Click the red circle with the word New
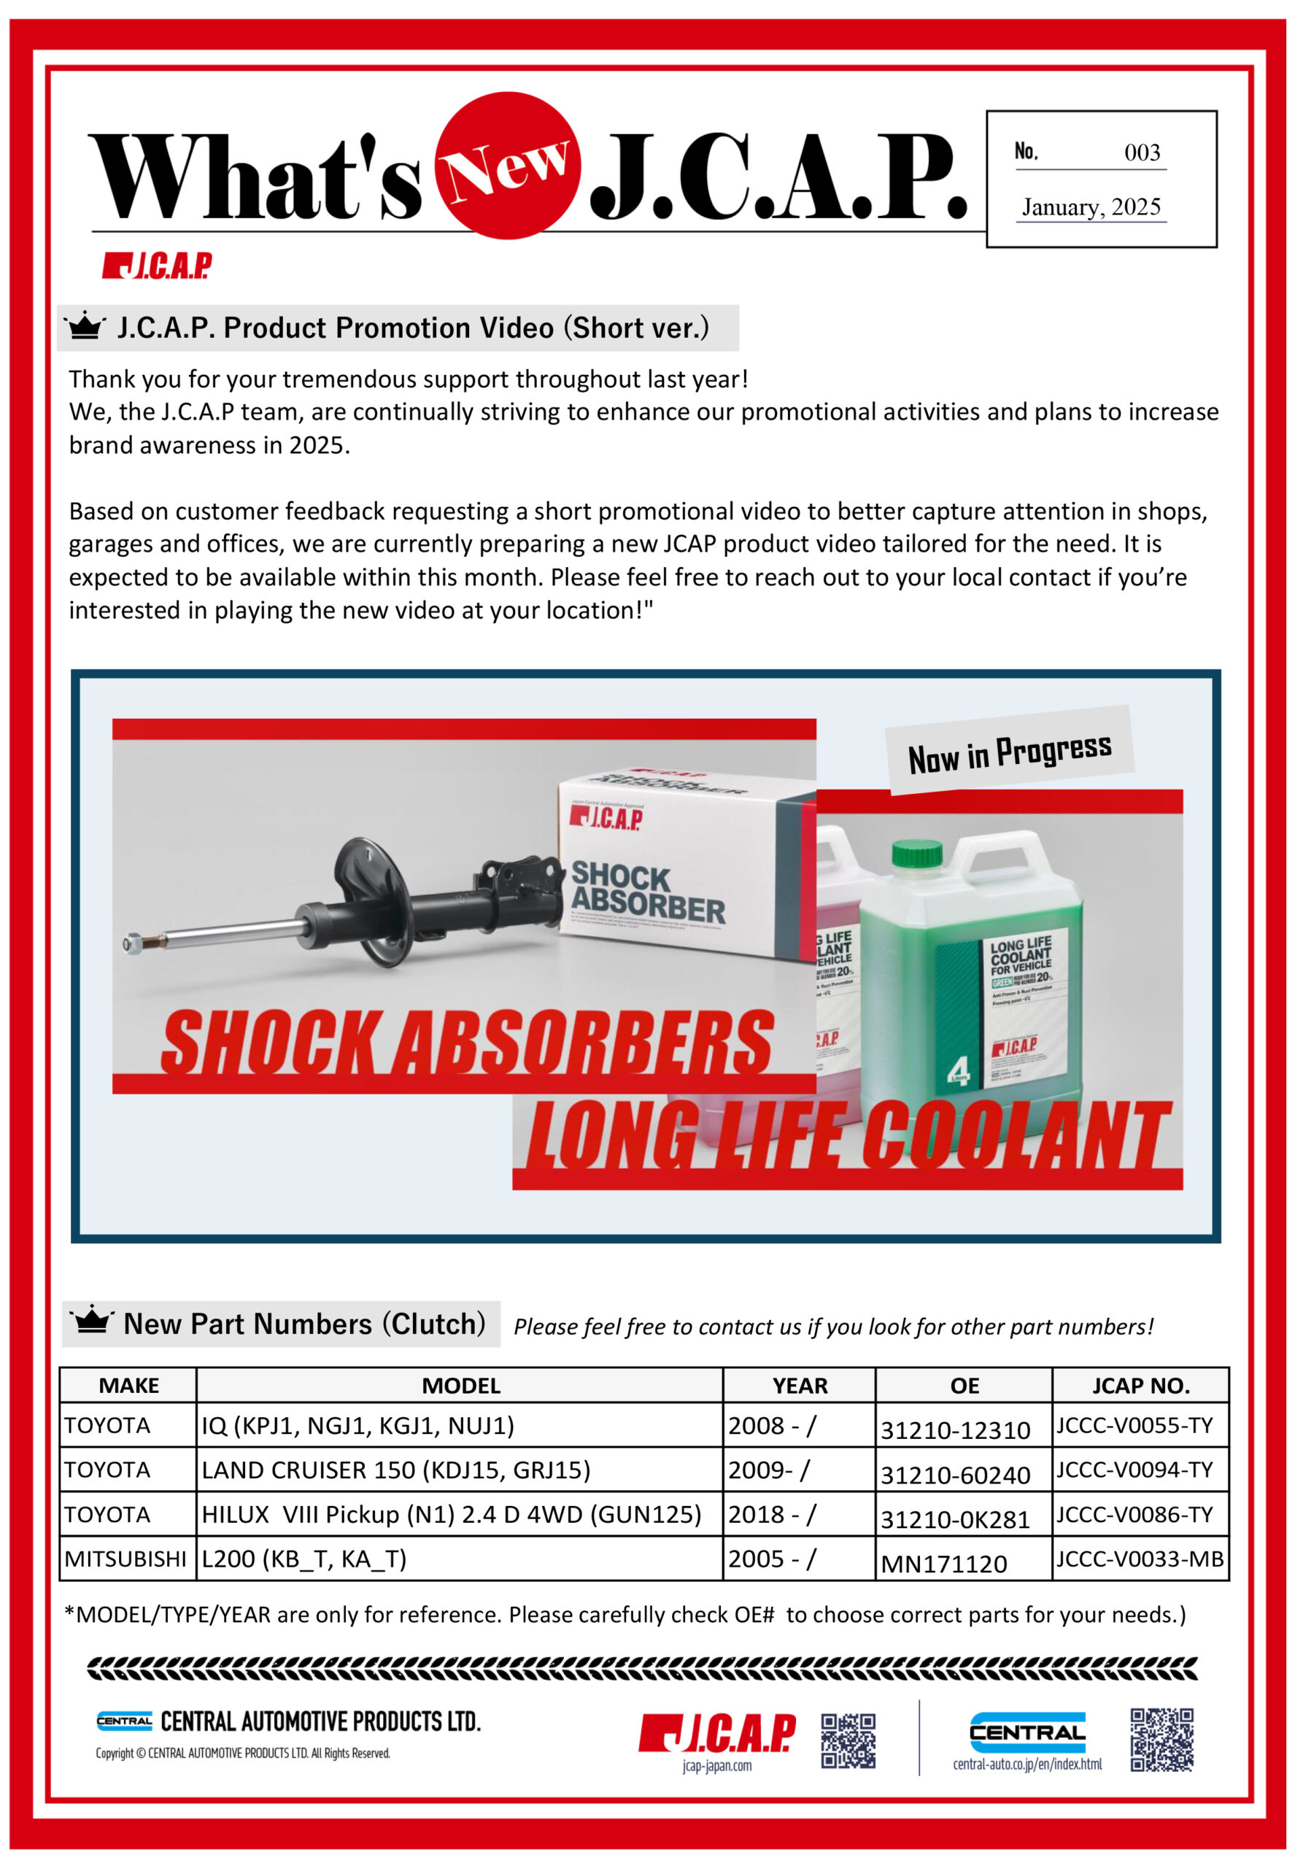507,165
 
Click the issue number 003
1142,153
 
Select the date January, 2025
1091,207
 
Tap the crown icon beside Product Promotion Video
85,327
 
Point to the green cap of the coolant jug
917,852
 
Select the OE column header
964,1386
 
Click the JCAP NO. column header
1140,1386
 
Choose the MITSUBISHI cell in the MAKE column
125,1559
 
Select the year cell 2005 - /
772,1559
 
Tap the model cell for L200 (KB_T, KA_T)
304,1559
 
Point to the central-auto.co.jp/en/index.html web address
1027,1764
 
